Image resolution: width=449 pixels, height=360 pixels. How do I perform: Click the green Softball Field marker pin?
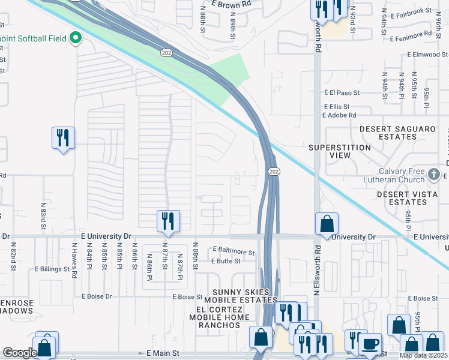76,38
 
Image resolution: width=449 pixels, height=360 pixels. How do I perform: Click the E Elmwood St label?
428,55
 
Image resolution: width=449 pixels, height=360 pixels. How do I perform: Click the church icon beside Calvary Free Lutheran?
434,175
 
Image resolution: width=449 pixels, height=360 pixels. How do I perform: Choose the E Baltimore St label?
234,253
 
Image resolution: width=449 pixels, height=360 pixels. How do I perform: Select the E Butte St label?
226,261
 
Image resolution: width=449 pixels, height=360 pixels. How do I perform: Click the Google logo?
20,353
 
